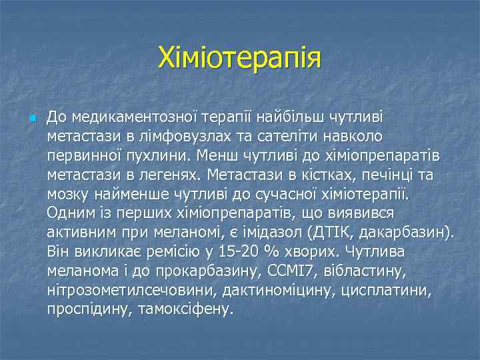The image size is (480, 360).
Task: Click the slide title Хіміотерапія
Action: coord(239,58)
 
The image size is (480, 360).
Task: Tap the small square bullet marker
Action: coord(33,118)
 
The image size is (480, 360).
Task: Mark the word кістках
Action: coord(326,175)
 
